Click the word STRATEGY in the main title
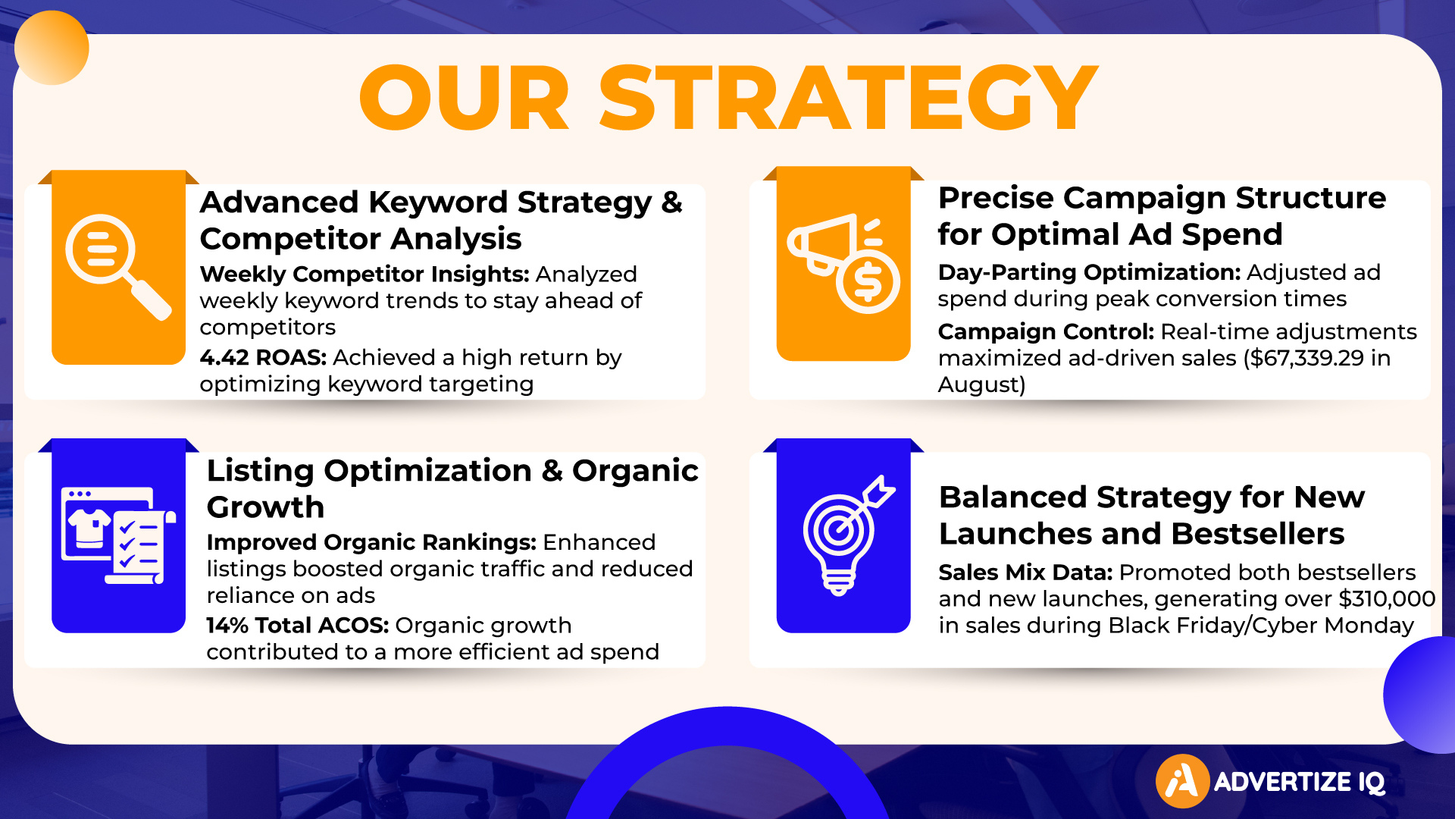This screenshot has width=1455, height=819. [x=849, y=97]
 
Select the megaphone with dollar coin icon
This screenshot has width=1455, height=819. [x=843, y=263]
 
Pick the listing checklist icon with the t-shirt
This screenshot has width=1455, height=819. [x=118, y=535]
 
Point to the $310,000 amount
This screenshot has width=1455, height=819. [x=1387, y=599]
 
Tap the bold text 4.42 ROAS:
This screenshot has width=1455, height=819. [x=263, y=357]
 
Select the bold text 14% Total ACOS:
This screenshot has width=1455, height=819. [x=297, y=625]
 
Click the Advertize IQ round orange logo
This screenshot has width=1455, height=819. [x=1182, y=781]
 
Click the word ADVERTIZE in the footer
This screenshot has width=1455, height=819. [x=1282, y=782]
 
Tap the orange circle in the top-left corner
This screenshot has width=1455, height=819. [x=52, y=48]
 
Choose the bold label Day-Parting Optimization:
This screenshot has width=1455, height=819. [x=1089, y=272]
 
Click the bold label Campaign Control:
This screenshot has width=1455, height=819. [x=1046, y=331]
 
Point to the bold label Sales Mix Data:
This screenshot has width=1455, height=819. [x=1025, y=573]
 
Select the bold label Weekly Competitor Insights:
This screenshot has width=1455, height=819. [x=365, y=274]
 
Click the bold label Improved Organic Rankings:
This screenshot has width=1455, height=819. [x=371, y=542]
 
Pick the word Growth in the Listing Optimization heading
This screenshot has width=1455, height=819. [x=265, y=507]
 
